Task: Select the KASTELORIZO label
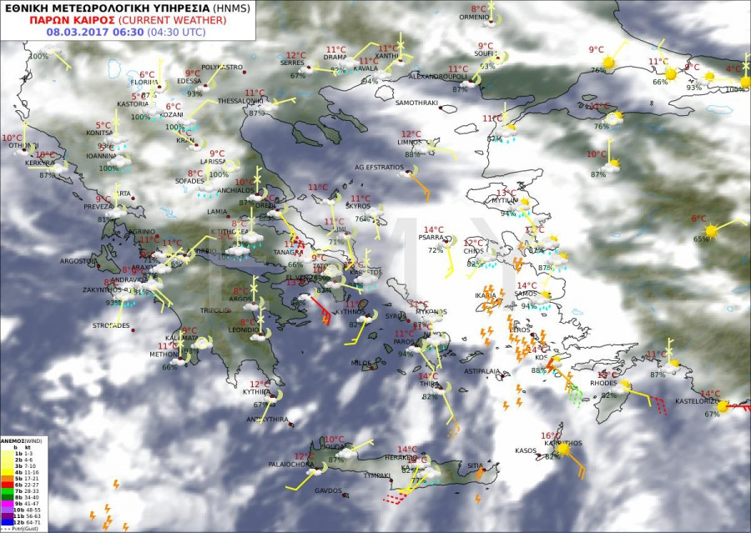[698, 402]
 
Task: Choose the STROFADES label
[111, 325]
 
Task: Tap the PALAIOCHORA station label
[291, 464]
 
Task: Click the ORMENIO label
[474, 17]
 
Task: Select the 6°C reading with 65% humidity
[698, 219]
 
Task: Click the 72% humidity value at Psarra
[436, 249]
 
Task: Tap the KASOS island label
[526, 450]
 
